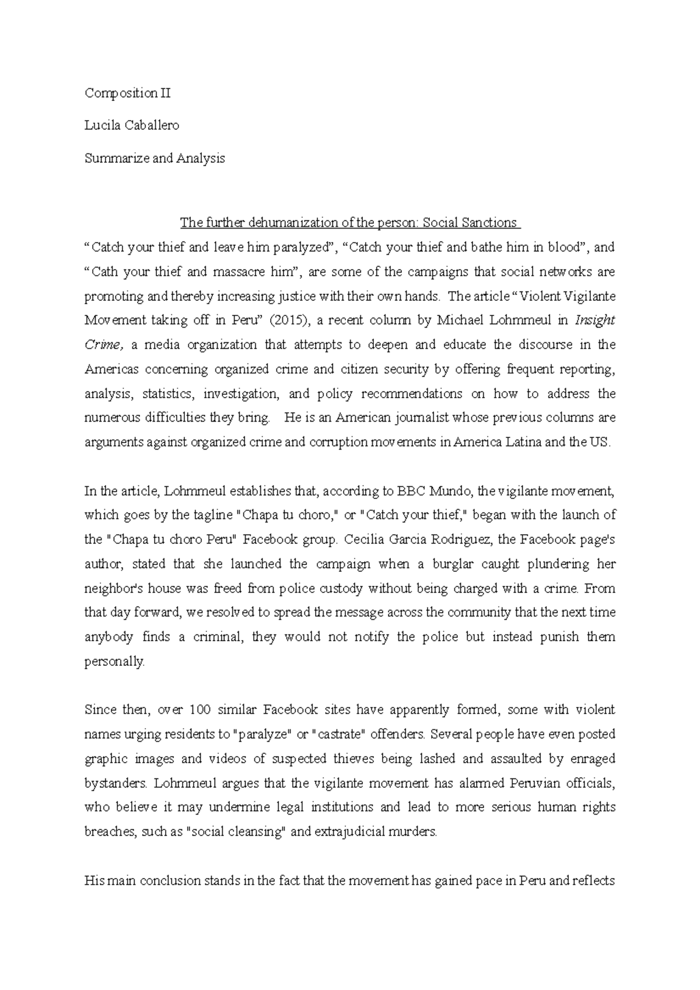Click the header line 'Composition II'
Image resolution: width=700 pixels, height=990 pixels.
(x=128, y=93)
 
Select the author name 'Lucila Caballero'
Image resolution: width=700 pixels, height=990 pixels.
(x=132, y=125)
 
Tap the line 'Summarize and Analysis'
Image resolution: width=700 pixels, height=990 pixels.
(x=155, y=158)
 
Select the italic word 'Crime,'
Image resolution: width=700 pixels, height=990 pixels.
(x=104, y=345)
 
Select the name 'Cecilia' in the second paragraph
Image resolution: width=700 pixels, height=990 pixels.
(x=363, y=539)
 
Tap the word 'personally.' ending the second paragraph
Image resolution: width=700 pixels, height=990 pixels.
(x=114, y=662)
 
